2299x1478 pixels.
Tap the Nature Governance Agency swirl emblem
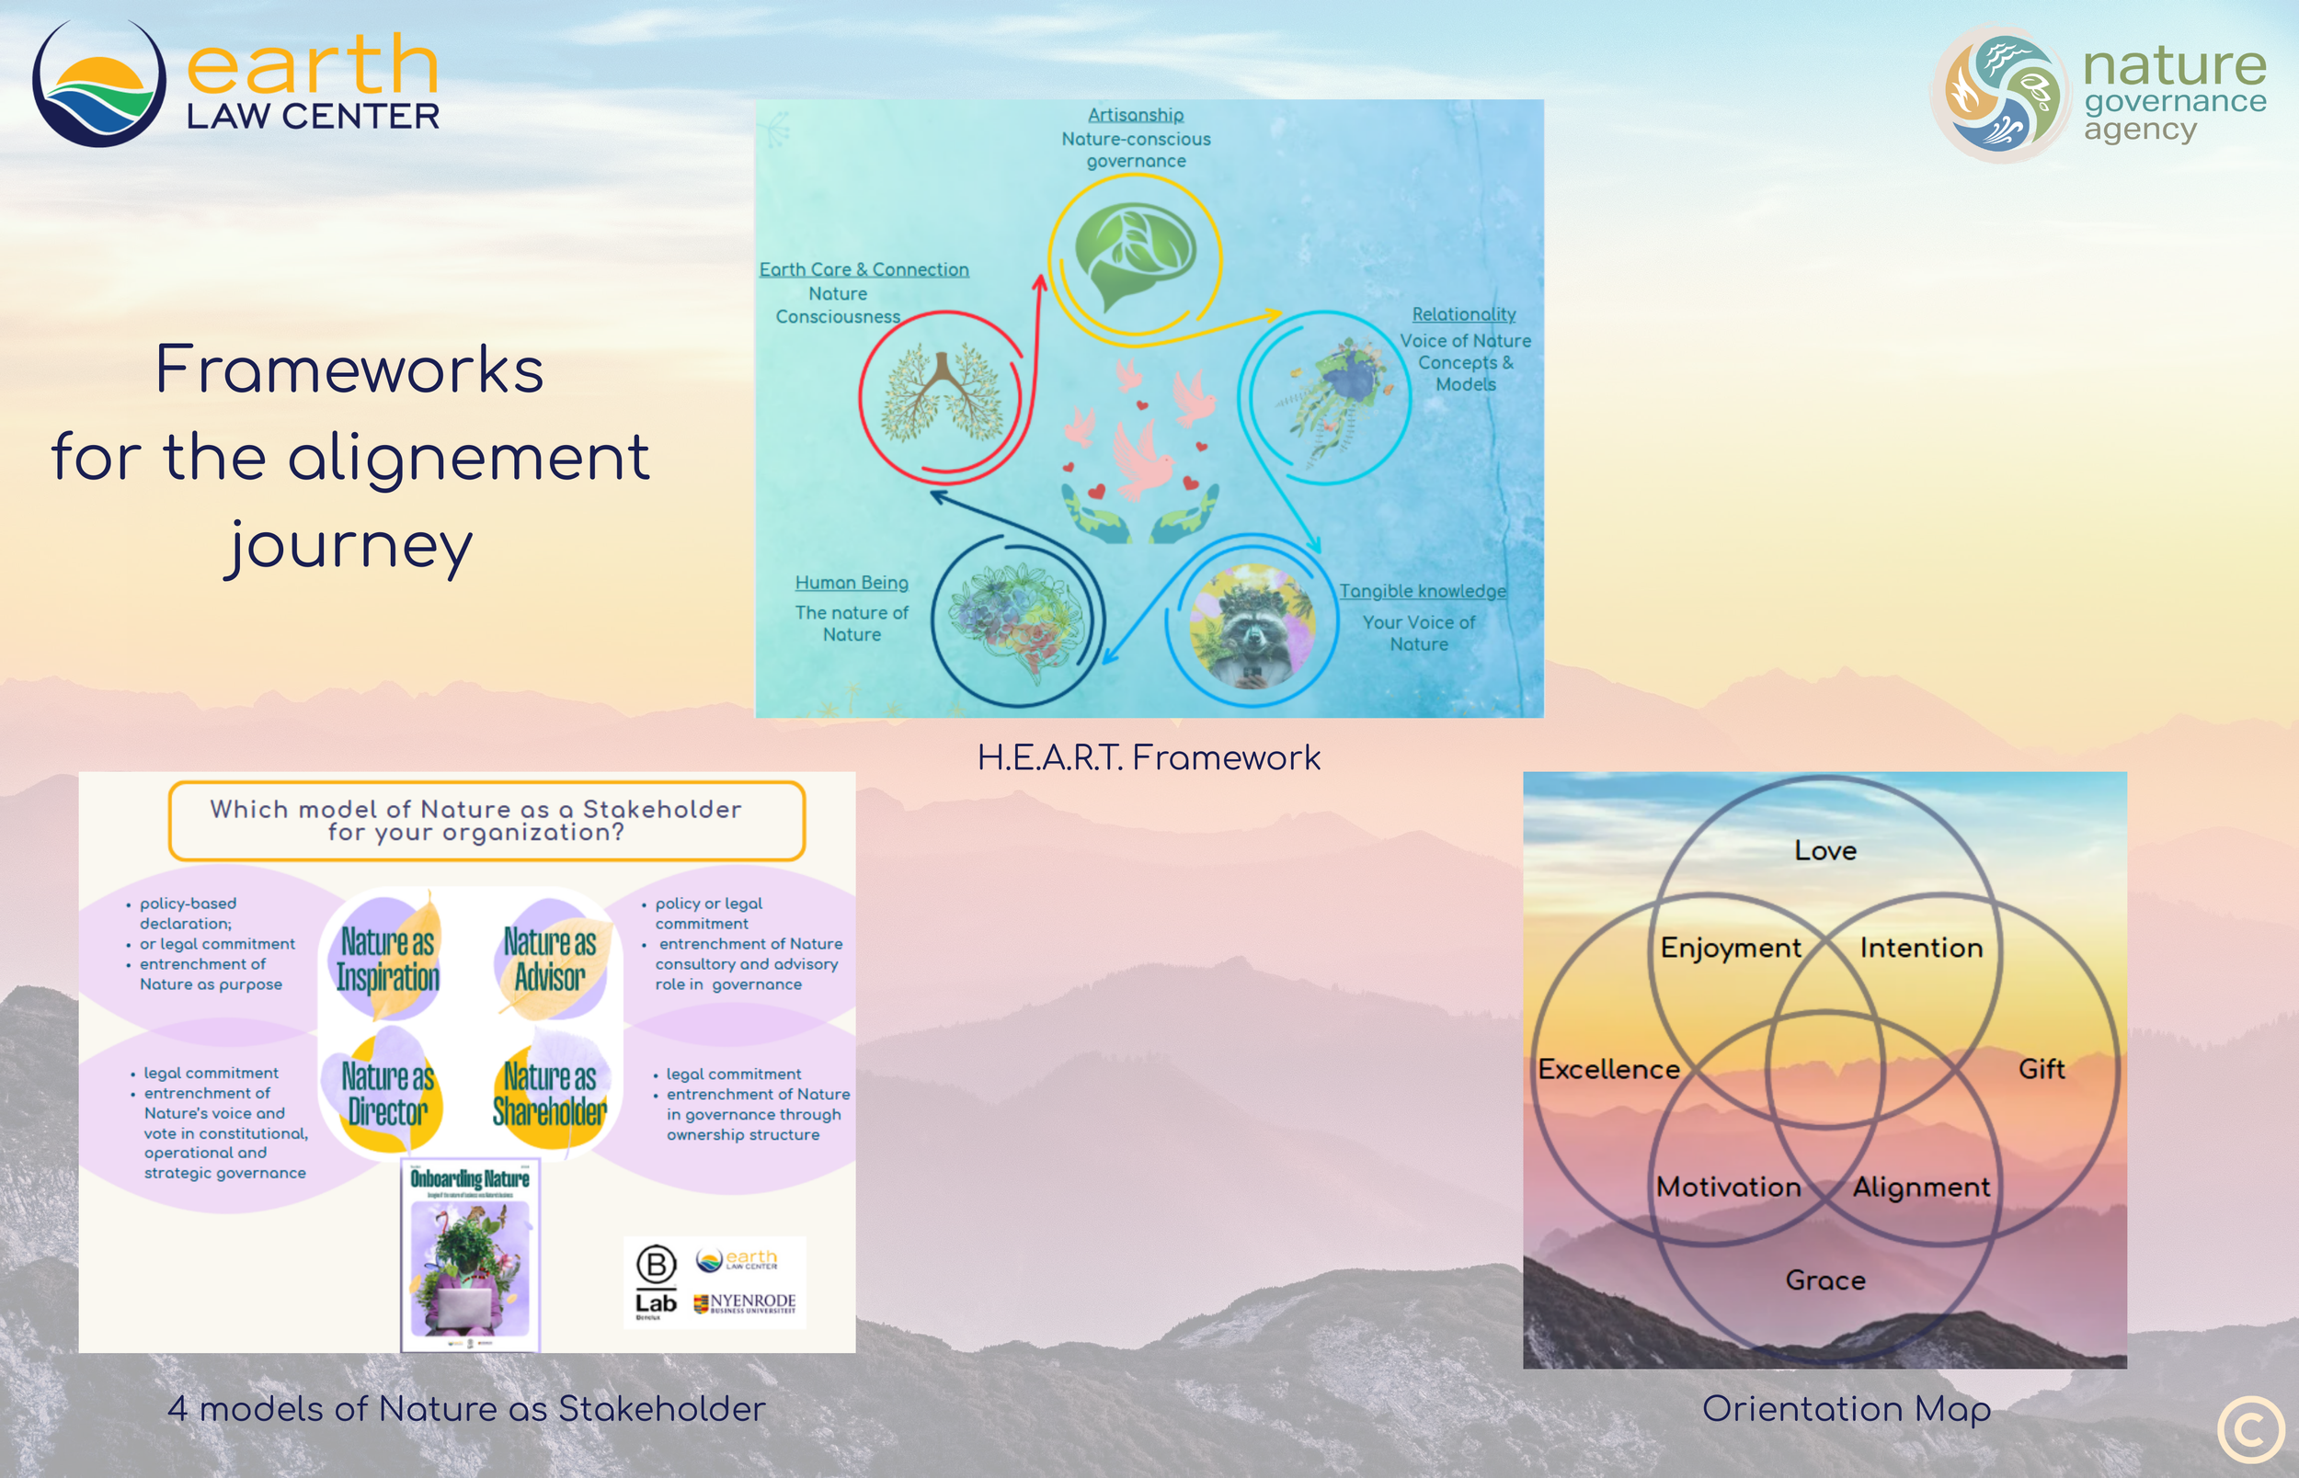point(2000,94)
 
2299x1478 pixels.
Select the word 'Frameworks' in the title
point(349,369)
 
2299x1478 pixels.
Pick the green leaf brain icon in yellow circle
point(1135,255)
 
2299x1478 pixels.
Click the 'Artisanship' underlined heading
point(1136,115)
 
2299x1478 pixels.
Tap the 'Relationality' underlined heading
point(1463,313)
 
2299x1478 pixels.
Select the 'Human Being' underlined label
point(852,583)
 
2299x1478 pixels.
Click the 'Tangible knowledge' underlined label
point(1423,591)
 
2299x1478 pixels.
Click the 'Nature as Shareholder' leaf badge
point(550,1093)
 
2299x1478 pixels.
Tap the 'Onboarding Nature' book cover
point(470,1255)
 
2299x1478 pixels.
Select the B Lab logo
point(657,1280)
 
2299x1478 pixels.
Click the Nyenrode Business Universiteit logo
point(745,1303)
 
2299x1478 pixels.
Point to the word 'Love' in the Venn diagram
point(1824,850)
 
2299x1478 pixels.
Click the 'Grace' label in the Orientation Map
point(1824,1280)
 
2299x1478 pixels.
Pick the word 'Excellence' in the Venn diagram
point(1608,1069)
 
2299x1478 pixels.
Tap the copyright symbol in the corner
point(2250,1429)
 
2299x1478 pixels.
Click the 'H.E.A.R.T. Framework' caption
point(1148,758)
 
